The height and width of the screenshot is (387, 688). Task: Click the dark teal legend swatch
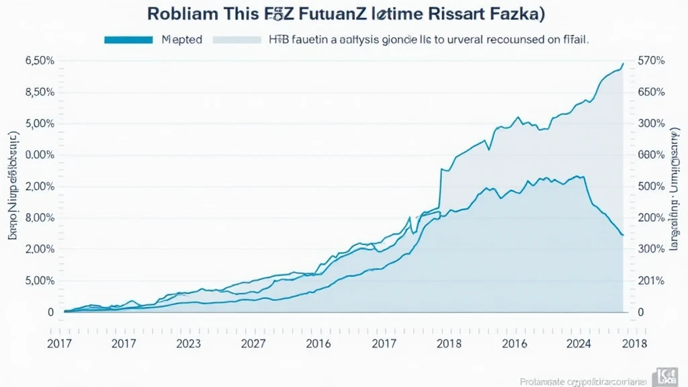click(x=128, y=40)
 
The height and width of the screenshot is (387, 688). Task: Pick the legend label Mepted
click(x=181, y=40)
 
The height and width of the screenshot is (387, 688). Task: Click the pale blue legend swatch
click(x=236, y=40)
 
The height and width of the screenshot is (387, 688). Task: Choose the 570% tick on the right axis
click(x=650, y=61)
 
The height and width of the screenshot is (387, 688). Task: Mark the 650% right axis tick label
click(x=650, y=93)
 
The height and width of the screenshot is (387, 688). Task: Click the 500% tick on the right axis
click(x=650, y=187)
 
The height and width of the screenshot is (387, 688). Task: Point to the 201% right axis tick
click(x=650, y=281)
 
